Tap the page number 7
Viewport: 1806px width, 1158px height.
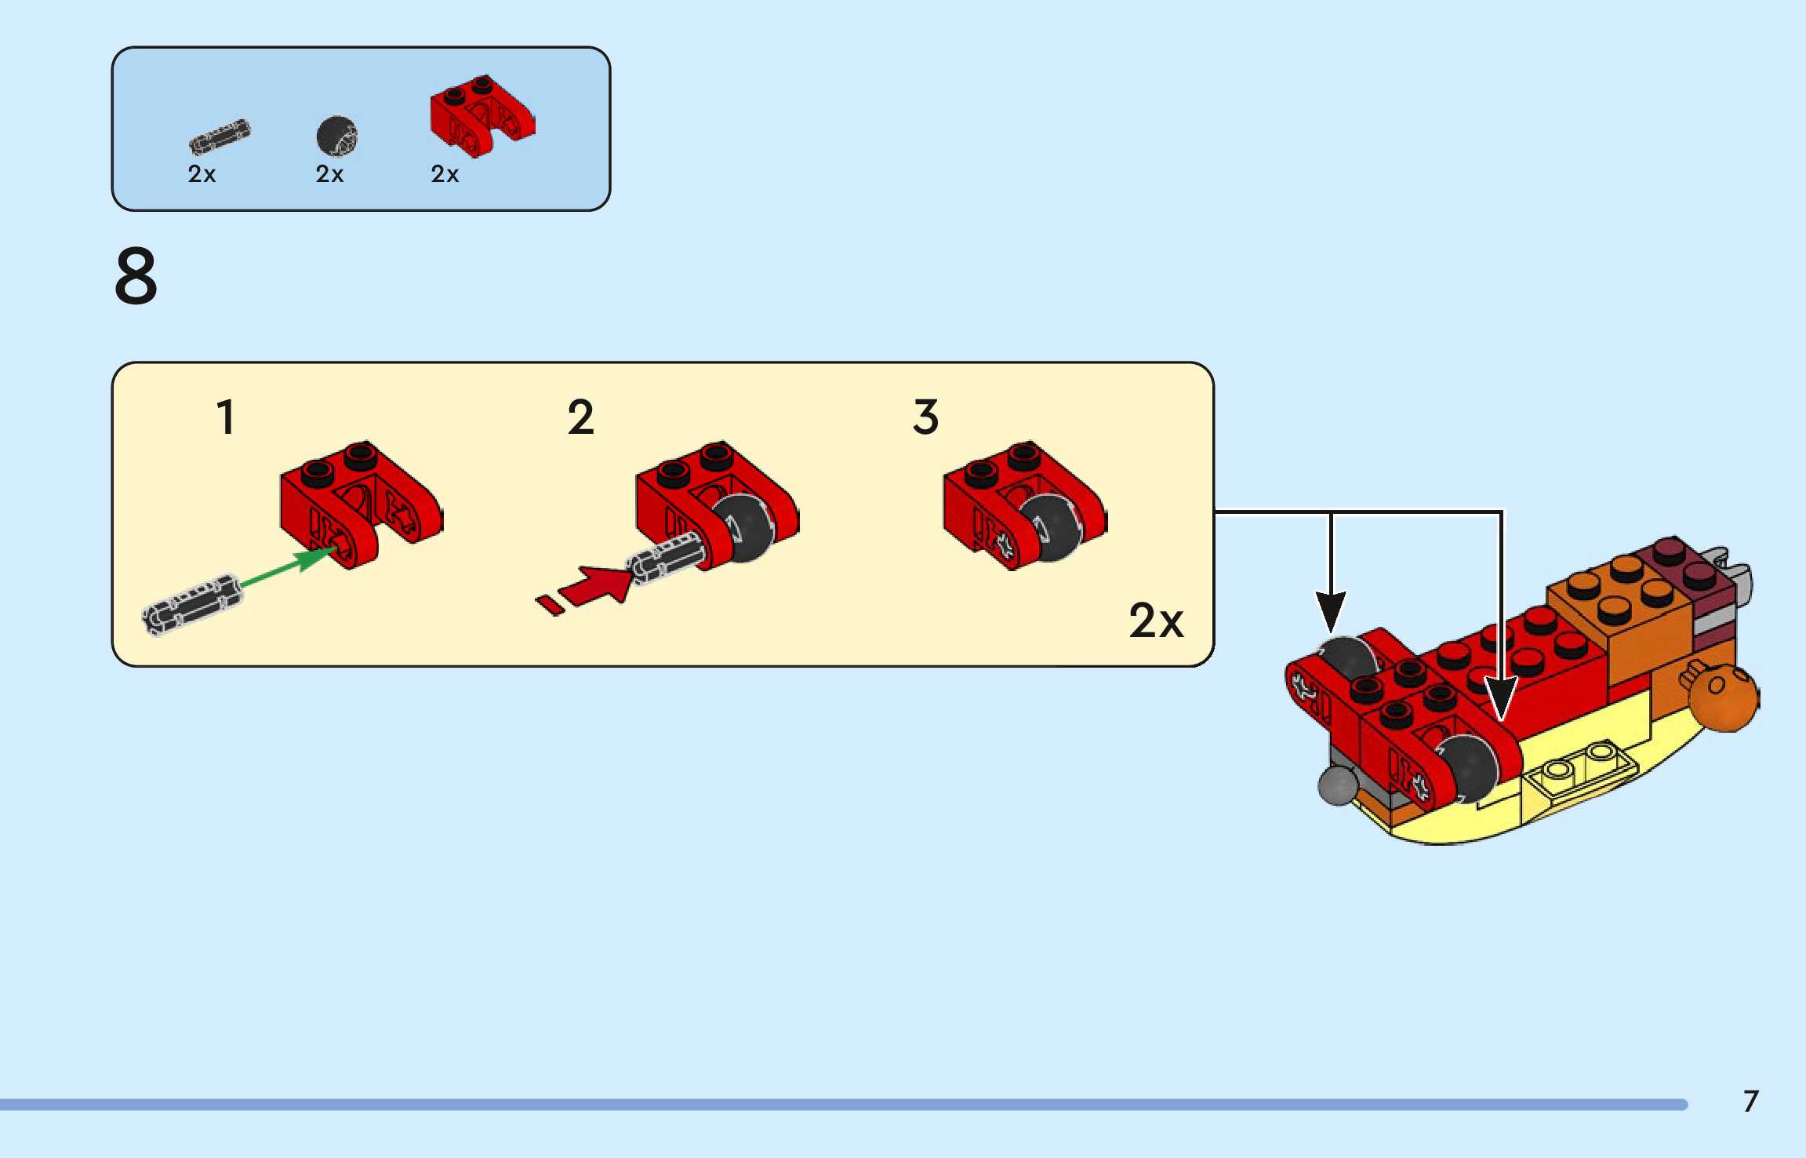(1750, 1101)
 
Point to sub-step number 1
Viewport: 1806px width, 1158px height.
(226, 417)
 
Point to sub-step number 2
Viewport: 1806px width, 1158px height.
(580, 417)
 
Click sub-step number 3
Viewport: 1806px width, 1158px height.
(925, 417)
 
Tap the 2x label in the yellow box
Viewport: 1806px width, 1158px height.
(1156, 621)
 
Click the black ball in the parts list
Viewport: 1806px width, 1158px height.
(336, 137)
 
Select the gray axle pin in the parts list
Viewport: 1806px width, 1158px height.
(220, 137)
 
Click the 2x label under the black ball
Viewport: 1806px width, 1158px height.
(329, 174)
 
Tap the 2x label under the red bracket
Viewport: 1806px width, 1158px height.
(445, 174)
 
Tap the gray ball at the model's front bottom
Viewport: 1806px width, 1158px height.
(1338, 785)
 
